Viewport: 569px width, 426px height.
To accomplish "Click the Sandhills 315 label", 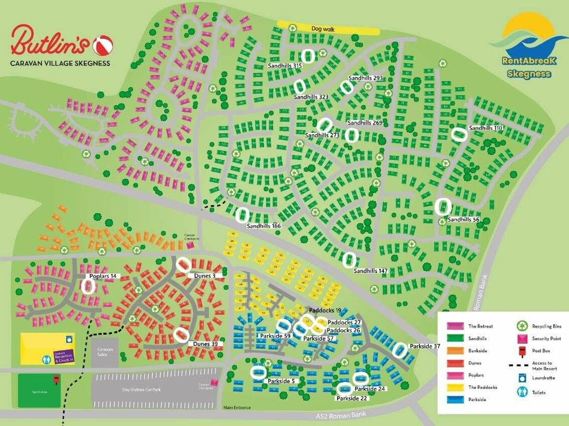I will point(284,66).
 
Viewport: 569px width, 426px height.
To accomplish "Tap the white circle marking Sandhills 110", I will point(460,135).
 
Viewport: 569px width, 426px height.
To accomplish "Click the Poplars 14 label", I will point(102,276).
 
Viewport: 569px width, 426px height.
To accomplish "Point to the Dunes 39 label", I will point(205,344).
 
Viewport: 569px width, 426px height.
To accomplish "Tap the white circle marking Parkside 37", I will point(400,350).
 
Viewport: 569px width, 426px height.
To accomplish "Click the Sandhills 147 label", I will point(371,271).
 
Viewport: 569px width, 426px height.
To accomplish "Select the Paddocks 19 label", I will point(325,311).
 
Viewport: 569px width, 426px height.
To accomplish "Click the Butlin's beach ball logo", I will point(99,45).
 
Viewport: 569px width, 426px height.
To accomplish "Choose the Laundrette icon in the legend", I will point(522,378).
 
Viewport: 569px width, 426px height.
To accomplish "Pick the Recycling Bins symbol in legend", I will point(522,326).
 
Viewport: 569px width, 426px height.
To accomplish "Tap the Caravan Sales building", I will point(104,351).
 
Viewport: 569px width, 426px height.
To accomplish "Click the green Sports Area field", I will point(40,391).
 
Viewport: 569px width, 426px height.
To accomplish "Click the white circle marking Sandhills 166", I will point(242,215).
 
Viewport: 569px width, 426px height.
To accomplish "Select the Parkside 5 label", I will point(281,381).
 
